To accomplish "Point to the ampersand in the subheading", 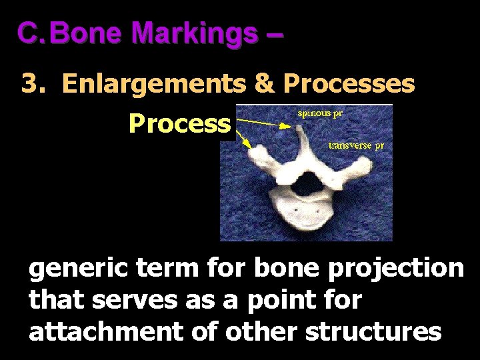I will [x=265, y=85].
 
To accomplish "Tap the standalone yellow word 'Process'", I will [x=179, y=123].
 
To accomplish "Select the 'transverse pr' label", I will [x=356, y=145].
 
